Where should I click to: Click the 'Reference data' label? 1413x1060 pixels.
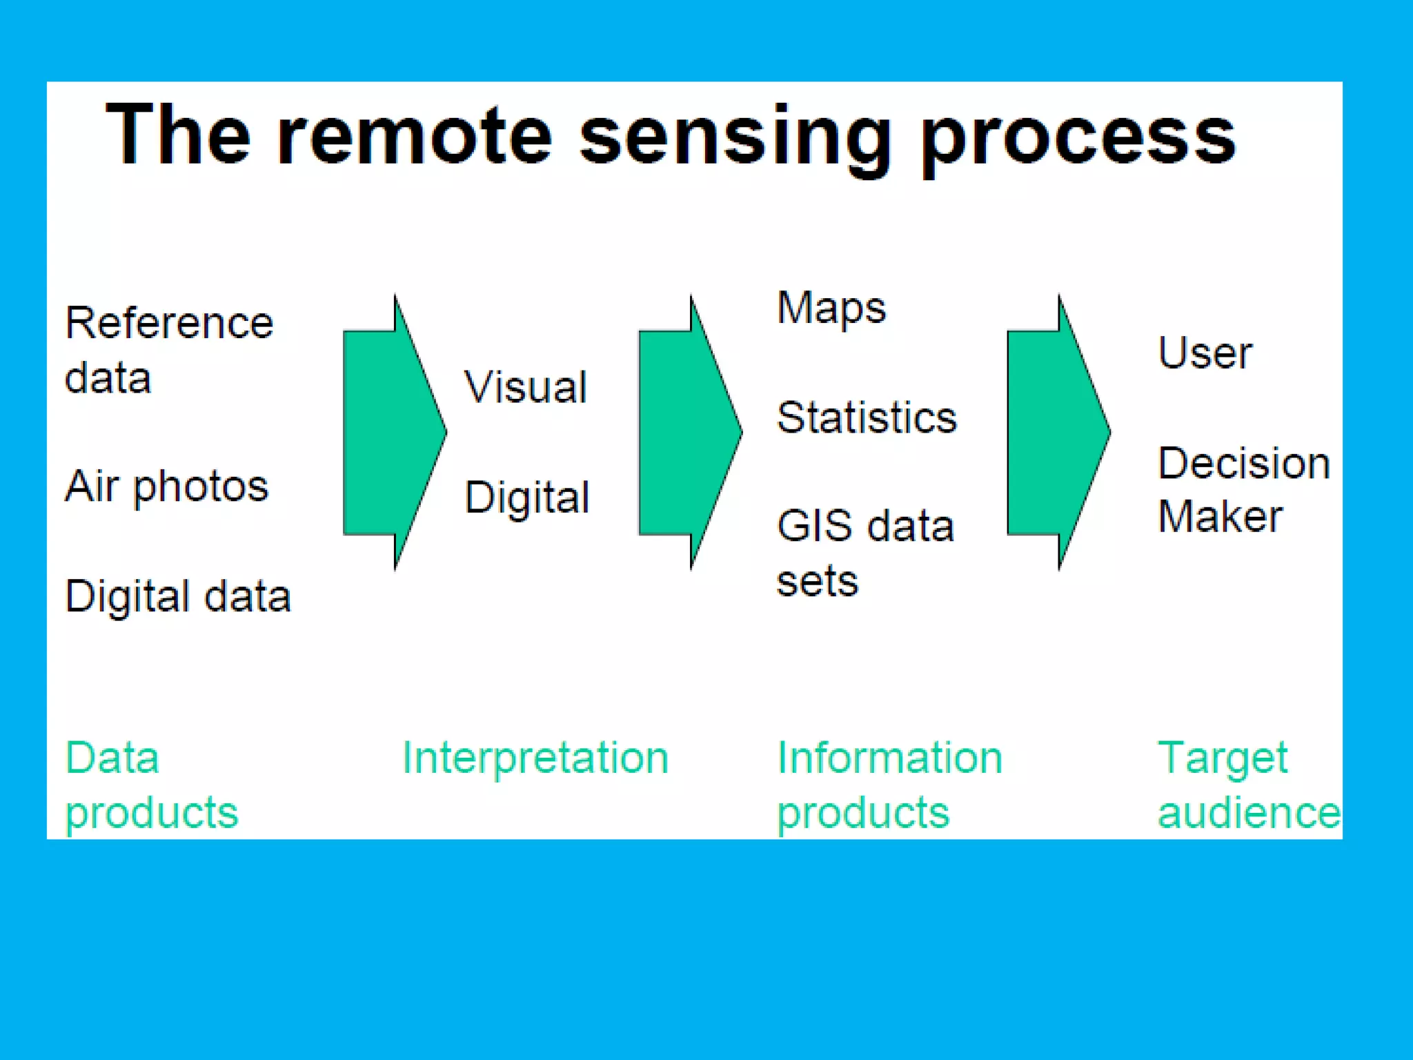168,350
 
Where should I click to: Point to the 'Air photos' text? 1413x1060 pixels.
166,486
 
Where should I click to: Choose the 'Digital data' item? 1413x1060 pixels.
177,596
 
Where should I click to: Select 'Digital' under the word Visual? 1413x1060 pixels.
527,497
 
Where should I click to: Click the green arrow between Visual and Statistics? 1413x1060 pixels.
687,433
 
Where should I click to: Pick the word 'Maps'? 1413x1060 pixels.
831,308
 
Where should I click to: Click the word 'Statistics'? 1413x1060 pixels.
867,418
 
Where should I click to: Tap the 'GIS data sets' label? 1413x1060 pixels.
864,552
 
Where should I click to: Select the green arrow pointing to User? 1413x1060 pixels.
1056,433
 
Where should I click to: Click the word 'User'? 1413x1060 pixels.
1205,353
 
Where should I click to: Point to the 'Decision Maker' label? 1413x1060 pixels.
1243,489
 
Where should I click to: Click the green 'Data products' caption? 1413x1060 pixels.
151,785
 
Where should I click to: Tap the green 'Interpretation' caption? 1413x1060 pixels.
535,758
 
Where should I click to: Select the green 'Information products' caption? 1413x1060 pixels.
889,785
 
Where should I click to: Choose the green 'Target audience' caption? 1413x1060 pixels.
1247,785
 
